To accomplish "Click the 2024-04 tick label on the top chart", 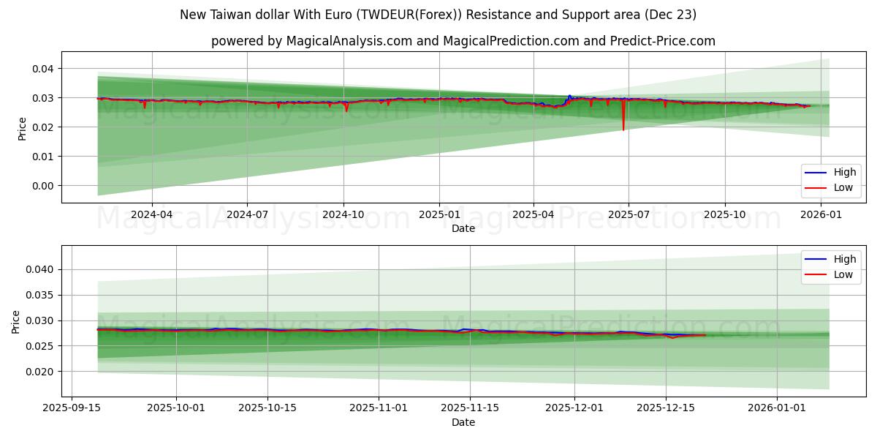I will click(x=151, y=215).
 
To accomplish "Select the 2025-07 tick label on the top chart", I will click(x=628, y=215).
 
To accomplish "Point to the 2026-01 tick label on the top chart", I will click(x=822, y=215).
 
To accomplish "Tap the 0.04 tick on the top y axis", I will click(x=43, y=69).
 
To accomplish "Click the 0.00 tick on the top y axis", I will click(x=43, y=186).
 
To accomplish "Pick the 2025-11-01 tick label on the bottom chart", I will click(x=379, y=408).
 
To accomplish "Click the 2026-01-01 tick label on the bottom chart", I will click(x=778, y=408).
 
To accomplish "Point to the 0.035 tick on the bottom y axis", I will click(x=41, y=296).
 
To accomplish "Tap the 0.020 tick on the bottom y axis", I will click(x=41, y=372).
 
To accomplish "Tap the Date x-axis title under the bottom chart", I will click(x=463, y=422).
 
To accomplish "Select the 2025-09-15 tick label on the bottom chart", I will click(x=71, y=408).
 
